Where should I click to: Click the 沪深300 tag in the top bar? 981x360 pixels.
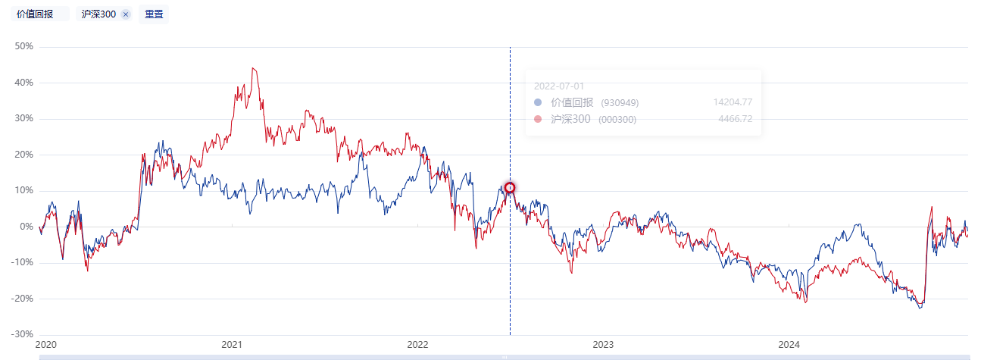(98, 14)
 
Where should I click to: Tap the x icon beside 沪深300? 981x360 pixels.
(126, 14)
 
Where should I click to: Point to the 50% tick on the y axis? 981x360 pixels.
(24, 46)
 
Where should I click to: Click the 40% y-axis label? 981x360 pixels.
(24, 83)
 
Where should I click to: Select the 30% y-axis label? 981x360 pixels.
(24, 119)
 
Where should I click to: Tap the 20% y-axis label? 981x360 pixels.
(24, 155)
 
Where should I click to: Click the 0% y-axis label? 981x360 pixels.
(27, 227)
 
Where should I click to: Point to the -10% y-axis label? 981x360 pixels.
(23, 263)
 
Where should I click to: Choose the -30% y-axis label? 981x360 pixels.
(23, 334)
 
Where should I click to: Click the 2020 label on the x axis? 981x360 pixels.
(46, 345)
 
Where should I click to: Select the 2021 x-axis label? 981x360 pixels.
(232, 345)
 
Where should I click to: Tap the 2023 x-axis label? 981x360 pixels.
(603, 345)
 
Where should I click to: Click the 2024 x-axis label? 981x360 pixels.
(789, 345)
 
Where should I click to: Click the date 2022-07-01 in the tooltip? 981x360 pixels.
(558, 86)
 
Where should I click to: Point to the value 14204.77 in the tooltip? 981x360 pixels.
(732, 102)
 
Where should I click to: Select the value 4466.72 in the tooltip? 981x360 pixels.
(735, 119)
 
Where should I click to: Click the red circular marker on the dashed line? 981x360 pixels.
(510, 188)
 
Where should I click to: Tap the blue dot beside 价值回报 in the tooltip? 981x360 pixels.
(538, 102)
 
